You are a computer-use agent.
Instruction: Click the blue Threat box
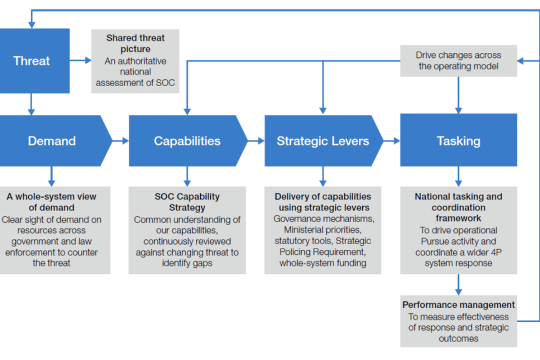click(32, 61)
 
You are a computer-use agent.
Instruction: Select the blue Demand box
click(52, 141)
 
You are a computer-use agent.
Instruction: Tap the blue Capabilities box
click(187, 141)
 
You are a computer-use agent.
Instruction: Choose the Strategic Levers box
click(322, 141)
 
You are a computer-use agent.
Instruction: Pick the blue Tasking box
click(458, 141)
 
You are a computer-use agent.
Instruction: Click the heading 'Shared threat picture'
click(136, 43)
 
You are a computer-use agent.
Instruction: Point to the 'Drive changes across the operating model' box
click(458, 61)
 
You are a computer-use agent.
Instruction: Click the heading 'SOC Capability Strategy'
click(187, 202)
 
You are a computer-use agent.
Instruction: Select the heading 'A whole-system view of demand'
click(52, 202)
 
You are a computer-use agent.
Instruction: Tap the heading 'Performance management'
click(458, 305)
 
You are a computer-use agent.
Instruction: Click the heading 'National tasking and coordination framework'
click(458, 208)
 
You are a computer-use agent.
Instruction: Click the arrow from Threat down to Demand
click(31, 104)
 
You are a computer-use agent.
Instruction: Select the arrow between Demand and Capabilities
click(120, 141)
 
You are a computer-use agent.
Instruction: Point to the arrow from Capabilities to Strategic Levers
click(256, 141)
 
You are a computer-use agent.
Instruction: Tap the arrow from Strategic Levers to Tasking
click(391, 141)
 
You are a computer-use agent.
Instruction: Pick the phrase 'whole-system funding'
click(322, 263)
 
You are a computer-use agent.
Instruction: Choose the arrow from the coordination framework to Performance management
click(458, 284)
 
